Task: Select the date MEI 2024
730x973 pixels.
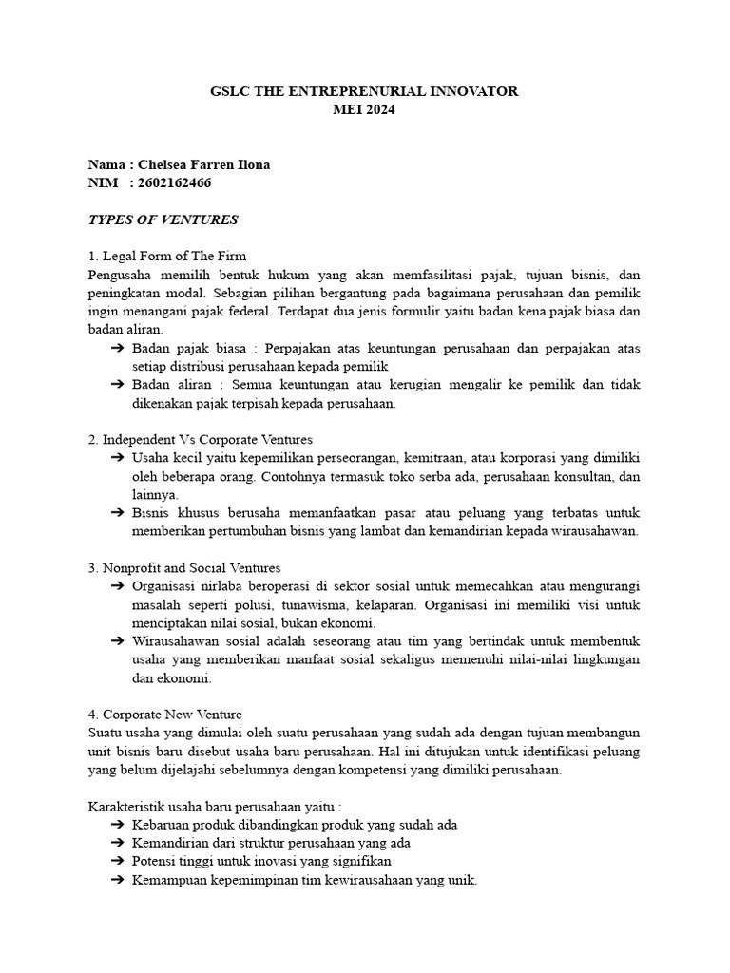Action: click(364, 109)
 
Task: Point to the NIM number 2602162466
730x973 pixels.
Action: click(174, 182)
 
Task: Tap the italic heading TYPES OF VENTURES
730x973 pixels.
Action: click(163, 219)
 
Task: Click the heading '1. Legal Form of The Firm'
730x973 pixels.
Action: click(166, 256)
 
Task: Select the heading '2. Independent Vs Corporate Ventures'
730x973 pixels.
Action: click(200, 440)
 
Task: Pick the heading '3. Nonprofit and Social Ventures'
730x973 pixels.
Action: click(184, 567)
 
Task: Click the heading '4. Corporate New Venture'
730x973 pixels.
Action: click(165, 714)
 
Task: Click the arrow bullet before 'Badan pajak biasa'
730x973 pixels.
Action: click(118, 349)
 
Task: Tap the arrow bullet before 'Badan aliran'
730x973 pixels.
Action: click(118, 385)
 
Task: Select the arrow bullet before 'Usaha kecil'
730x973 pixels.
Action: click(118, 458)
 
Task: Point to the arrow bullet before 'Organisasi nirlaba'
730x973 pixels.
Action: click(118, 586)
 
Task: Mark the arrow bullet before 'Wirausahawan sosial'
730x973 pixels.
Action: click(118, 641)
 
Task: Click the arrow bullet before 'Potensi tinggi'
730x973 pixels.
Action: click(118, 861)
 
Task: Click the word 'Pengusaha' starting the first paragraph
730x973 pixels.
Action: click(118, 275)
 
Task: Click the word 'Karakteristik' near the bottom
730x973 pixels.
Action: click(124, 806)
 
